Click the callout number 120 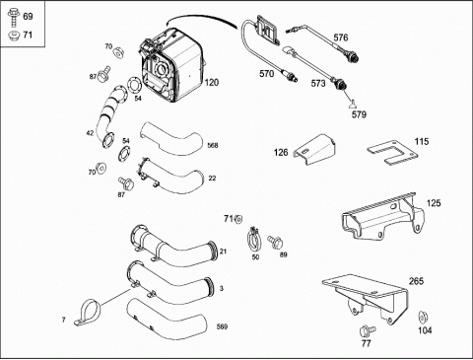coord(212,83)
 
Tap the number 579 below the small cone coord(359,114)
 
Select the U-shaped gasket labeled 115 coord(392,153)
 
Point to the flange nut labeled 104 coord(423,318)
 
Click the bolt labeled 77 coord(368,330)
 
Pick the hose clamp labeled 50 coord(253,240)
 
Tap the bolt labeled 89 coord(274,242)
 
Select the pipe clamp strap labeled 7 coord(88,311)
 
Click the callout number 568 coord(213,145)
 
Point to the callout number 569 coord(222,326)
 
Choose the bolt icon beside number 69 coord(14,17)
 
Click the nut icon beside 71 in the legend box coord(14,35)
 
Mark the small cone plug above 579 coord(353,105)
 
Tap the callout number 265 coord(416,281)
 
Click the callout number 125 coord(434,203)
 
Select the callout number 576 coord(341,37)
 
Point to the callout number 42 coord(90,133)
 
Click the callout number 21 coord(224,252)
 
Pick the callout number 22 coord(212,179)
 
